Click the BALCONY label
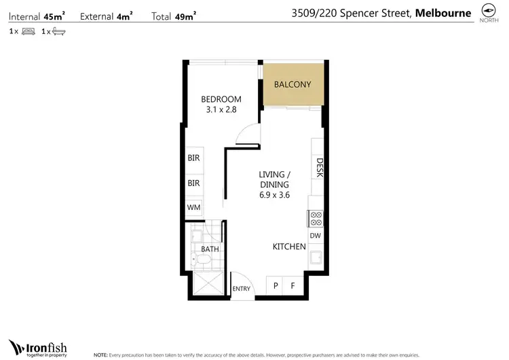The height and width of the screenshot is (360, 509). click(x=293, y=85)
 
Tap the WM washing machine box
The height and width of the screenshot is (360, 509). click(x=194, y=208)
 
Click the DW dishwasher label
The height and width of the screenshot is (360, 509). click(x=315, y=236)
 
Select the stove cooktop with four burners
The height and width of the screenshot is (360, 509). click(x=315, y=218)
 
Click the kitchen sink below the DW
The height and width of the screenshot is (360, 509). click(x=315, y=257)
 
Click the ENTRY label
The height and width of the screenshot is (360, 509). click(x=241, y=289)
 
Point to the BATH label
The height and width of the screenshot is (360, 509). click(x=210, y=249)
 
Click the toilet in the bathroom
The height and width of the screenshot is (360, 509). click(x=202, y=260)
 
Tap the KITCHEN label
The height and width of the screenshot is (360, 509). click(x=289, y=247)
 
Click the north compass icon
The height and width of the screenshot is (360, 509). click(x=487, y=11)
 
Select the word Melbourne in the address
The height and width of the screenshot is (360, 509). click(x=443, y=12)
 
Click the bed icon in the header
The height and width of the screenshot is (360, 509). click(x=28, y=31)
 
